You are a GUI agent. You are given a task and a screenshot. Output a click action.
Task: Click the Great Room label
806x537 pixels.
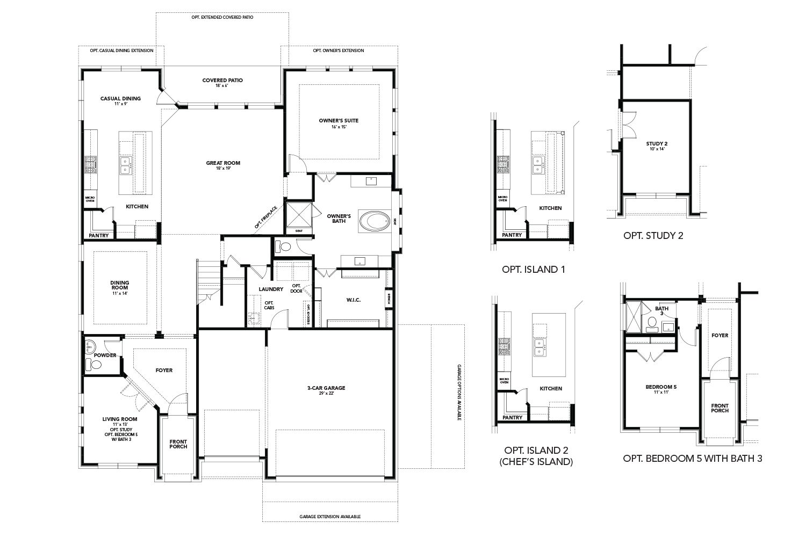[x=223, y=165]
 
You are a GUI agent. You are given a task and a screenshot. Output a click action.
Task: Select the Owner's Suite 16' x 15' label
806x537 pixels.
[x=339, y=124]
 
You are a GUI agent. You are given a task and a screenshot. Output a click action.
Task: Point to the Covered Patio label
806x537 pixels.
[x=222, y=83]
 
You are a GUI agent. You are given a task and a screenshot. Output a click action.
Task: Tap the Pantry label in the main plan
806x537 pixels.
[x=98, y=235]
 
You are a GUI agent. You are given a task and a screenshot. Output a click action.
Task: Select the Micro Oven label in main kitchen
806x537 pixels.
[x=90, y=199]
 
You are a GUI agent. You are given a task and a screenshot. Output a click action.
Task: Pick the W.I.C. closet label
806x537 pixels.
[x=353, y=300]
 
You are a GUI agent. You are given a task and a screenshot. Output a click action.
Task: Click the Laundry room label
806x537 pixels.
[x=271, y=289]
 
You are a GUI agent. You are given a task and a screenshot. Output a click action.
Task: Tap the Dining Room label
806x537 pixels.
[x=120, y=288]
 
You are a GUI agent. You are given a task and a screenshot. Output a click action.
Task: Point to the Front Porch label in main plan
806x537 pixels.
[x=178, y=444]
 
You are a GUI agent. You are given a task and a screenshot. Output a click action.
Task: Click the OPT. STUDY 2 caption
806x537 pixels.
[x=653, y=235]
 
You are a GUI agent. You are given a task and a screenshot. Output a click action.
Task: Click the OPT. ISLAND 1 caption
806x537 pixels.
[x=533, y=270]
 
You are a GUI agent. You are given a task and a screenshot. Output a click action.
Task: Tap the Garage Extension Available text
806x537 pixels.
[x=330, y=517]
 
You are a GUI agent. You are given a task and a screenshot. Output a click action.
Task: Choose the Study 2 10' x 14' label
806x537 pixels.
[x=657, y=146]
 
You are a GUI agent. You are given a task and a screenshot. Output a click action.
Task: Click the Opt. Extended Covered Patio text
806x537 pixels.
[x=222, y=17]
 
